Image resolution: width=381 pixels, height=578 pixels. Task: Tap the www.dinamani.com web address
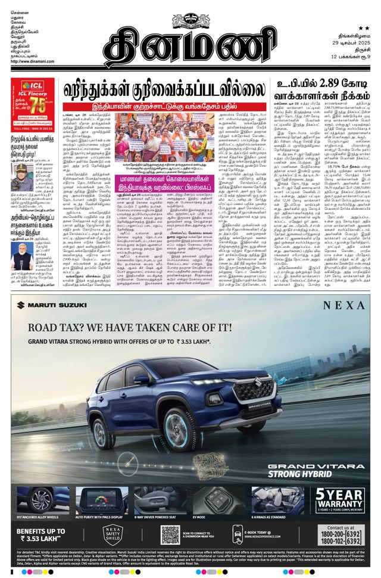(30, 61)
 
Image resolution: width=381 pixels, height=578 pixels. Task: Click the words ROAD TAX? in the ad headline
(64, 327)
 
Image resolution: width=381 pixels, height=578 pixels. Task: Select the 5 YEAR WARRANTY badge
(341, 501)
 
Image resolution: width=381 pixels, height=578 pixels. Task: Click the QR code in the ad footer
(170, 535)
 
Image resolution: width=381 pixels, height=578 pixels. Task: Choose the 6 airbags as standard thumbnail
(276, 500)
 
